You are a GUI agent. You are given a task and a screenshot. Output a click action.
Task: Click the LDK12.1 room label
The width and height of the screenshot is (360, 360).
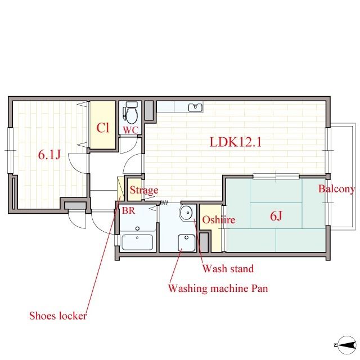[x=236, y=142]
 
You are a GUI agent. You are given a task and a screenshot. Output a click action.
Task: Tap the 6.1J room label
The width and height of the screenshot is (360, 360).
[x=49, y=155]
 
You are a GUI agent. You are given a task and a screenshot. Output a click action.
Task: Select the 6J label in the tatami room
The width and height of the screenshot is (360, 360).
[x=276, y=215]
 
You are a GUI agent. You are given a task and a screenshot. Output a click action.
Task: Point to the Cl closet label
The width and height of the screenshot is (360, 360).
[x=102, y=128]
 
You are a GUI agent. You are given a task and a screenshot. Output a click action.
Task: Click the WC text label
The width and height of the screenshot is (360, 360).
[x=131, y=130]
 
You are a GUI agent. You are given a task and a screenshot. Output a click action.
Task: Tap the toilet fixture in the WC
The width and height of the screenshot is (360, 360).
[x=130, y=112]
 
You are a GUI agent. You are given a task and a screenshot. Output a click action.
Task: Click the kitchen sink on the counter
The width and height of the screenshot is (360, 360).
[x=195, y=107]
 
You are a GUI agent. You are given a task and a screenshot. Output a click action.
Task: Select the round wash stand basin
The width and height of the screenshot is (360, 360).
[x=186, y=213]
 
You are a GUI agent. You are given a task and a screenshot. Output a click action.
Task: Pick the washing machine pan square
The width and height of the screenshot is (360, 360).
[x=187, y=242]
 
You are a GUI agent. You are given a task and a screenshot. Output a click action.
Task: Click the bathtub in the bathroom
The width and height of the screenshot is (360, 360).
[x=137, y=242]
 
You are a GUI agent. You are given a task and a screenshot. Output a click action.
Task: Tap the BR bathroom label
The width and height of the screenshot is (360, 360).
[x=128, y=210]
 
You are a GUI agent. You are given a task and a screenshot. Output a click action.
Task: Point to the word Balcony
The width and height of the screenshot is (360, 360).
[x=336, y=189]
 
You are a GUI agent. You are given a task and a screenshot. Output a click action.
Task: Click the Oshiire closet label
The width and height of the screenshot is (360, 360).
[x=219, y=220]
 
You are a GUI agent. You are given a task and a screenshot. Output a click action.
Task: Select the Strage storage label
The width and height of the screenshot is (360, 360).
[x=144, y=190]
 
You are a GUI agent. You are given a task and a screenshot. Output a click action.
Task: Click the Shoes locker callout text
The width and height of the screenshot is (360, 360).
[x=58, y=316]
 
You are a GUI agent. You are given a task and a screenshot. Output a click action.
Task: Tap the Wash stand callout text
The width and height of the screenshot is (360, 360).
[x=228, y=268]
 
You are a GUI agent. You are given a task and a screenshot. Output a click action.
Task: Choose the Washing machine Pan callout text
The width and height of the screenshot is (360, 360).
[x=218, y=289]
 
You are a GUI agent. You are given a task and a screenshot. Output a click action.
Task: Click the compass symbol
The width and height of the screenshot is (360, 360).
[x=346, y=345]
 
